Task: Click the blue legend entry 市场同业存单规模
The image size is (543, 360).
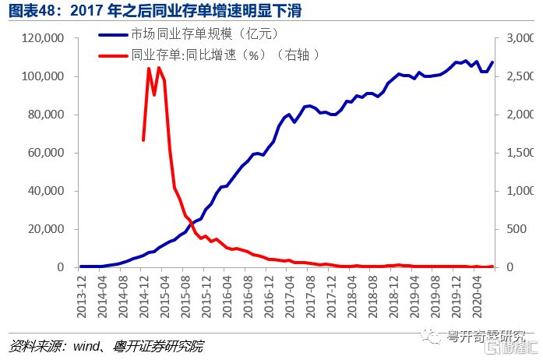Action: (x=199, y=35)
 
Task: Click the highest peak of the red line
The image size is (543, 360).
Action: (x=149, y=69)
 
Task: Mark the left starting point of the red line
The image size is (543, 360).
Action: (x=143, y=140)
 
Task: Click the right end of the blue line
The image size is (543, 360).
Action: (x=492, y=62)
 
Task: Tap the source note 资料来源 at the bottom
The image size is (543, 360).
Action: (x=109, y=346)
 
